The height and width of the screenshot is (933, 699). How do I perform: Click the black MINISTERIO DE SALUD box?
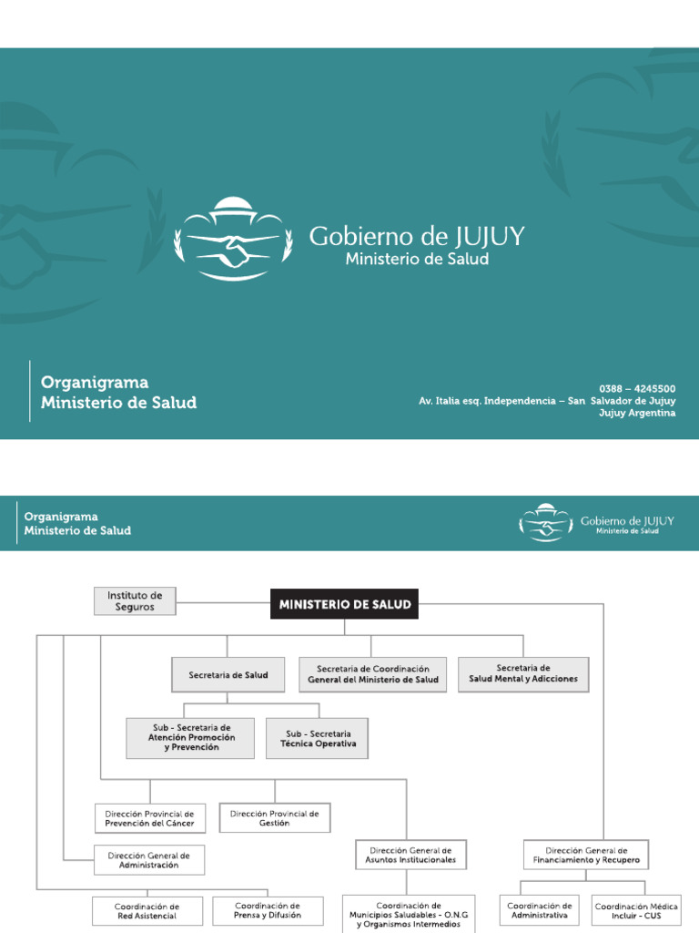[x=344, y=604]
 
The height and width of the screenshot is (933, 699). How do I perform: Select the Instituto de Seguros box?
[x=135, y=601]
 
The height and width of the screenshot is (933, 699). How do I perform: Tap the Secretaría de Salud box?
[x=228, y=675]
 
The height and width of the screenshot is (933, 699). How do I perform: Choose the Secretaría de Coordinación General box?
[x=372, y=675]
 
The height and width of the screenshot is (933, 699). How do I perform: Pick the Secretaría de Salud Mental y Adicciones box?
[x=523, y=674]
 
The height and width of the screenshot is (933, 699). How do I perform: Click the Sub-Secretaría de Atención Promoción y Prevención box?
[x=190, y=738]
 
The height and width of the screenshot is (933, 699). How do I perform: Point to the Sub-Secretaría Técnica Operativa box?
[x=318, y=738]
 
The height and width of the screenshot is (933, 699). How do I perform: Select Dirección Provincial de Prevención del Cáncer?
[x=150, y=818]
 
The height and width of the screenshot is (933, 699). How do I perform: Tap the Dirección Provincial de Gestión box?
[x=275, y=817]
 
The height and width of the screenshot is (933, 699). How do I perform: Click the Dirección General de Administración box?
[x=149, y=860]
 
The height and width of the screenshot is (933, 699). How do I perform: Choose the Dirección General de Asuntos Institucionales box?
[x=410, y=855]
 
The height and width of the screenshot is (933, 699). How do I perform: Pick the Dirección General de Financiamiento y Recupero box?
[x=586, y=855]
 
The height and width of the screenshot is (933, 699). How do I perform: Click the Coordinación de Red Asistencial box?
[x=147, y=911]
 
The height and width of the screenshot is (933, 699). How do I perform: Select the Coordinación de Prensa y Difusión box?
[x=268, y=911]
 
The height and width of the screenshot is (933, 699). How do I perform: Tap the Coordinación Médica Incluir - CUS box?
[x=636, y=911]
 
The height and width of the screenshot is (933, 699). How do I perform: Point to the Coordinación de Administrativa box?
[x=540, y=911]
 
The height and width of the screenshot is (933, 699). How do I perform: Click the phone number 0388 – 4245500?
[x=637, y=388]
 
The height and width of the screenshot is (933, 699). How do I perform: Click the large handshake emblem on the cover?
[x=233, y=240]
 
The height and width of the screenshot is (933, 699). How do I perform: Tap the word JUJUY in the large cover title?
[x=491, y=236]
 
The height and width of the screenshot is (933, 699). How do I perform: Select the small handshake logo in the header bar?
[x=546, y=522]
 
